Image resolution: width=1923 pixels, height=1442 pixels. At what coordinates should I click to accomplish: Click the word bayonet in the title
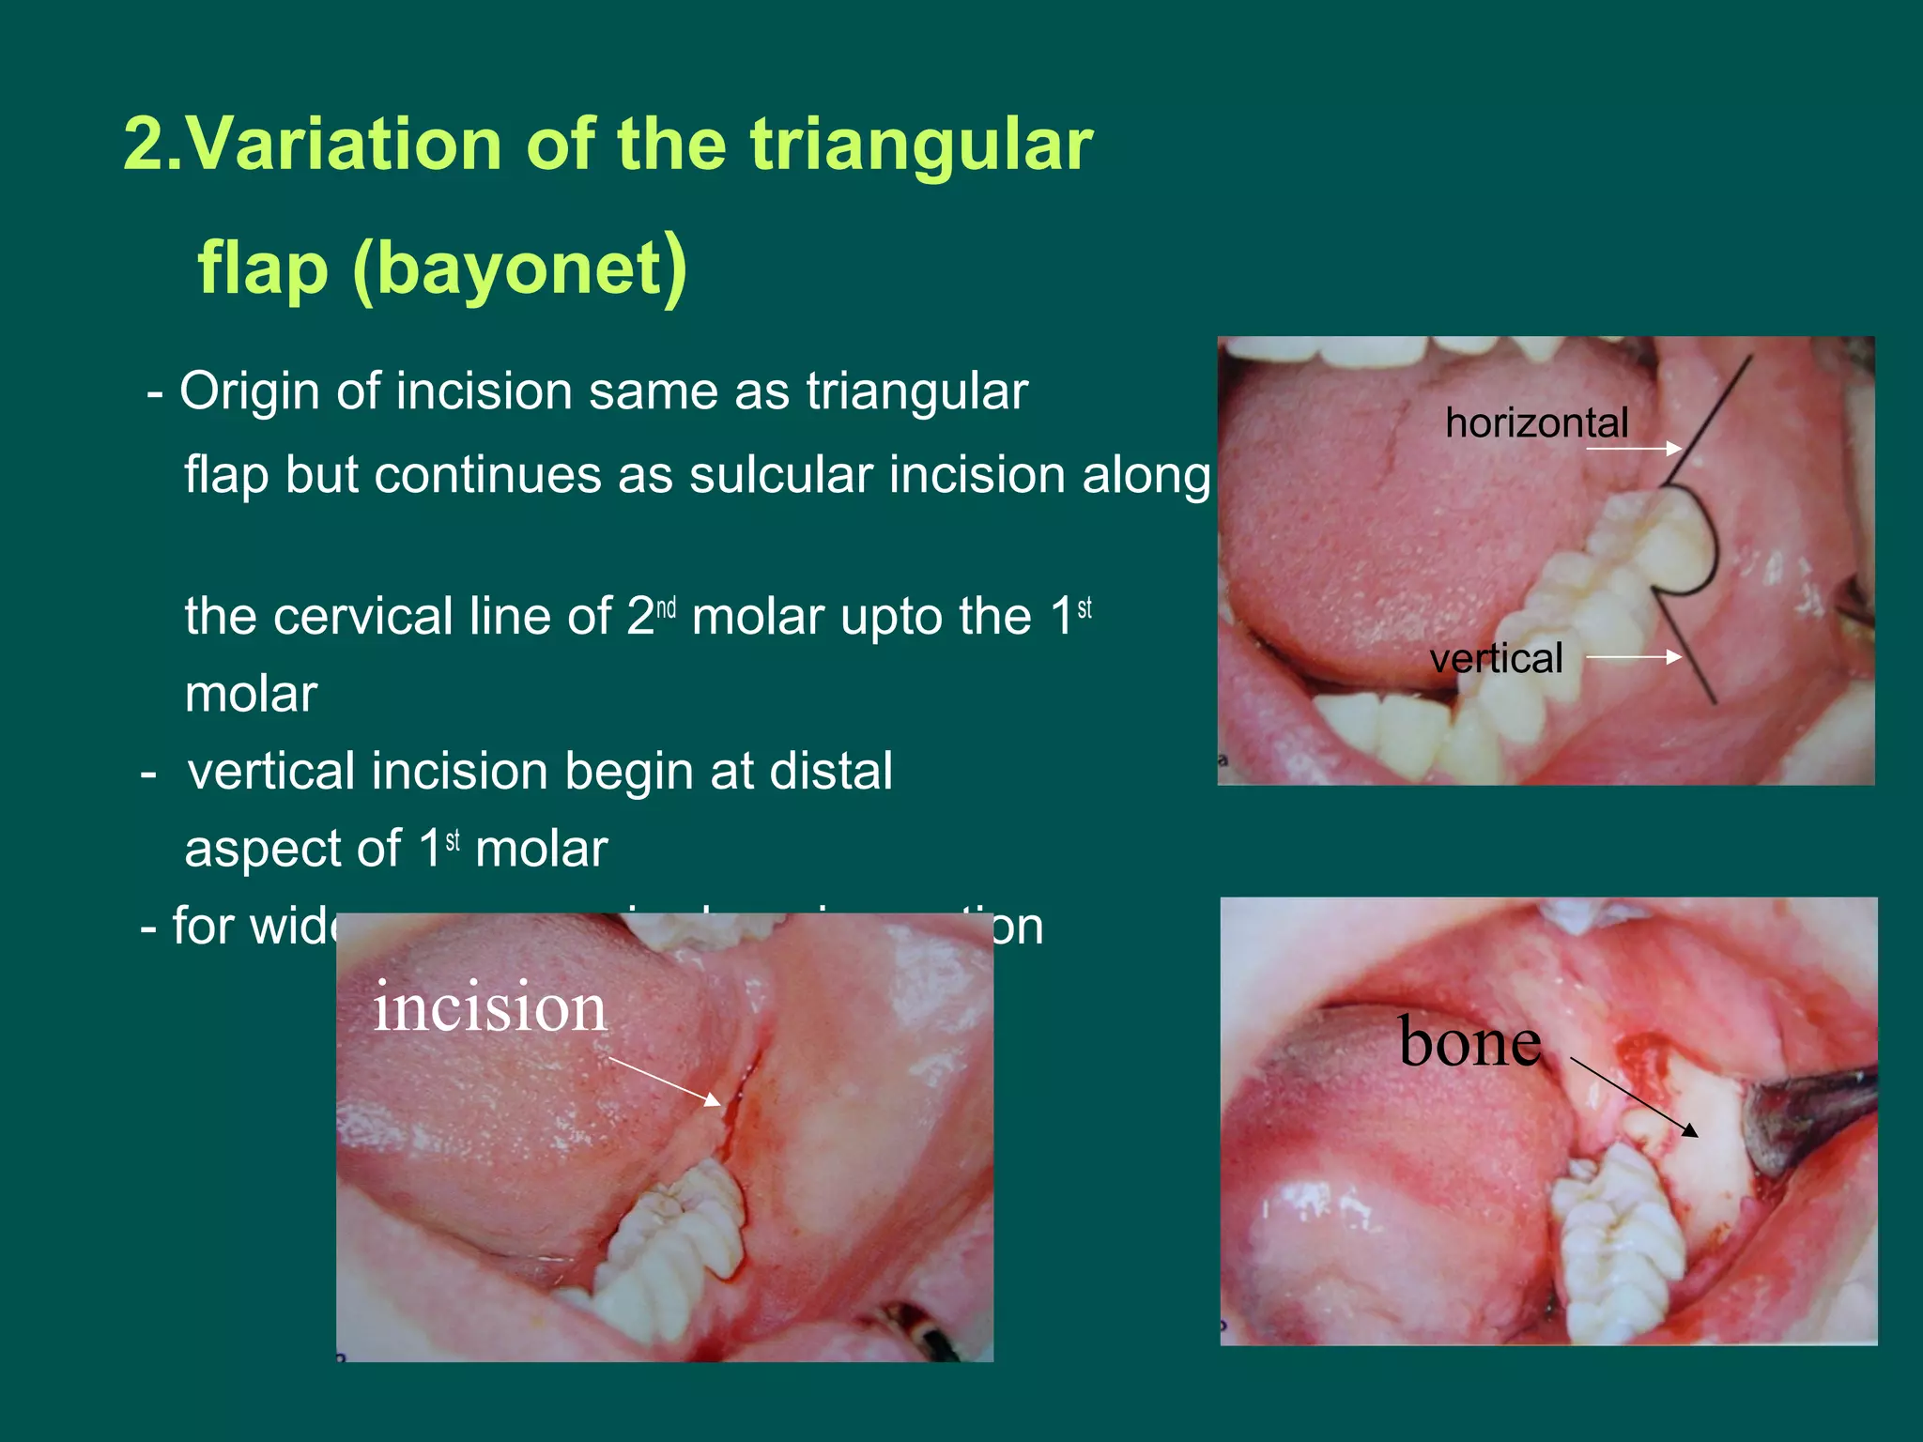click(x=520, y=269)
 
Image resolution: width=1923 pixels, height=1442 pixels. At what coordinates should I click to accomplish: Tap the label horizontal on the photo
click(x=1536, y=423)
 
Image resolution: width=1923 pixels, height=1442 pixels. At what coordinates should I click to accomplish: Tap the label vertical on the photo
click(x=1496, y=658)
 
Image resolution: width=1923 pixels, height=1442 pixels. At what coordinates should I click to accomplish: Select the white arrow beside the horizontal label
click(x=1633, y=449)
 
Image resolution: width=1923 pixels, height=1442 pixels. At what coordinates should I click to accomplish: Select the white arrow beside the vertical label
click(x=1633, y=657)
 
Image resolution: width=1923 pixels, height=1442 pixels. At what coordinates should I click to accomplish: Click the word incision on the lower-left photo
click(x=489, y=1007)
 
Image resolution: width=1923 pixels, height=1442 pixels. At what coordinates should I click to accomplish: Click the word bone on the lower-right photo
click(x=1469, y=1042)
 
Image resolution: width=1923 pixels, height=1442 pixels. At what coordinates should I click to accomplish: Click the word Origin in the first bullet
click(x=250, y=391)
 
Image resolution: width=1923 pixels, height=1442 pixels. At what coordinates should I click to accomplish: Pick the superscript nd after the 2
click(x=666, y=608)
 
